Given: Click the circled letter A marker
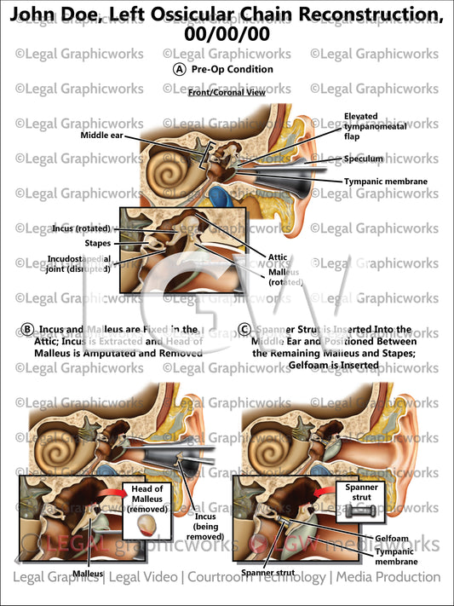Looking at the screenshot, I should pyautogui.click(x=179, y=70).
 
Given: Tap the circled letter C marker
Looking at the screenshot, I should pyautogui.click(x=245, y=329).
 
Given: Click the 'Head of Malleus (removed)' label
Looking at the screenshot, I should pyautogui.click(x=147, y=498).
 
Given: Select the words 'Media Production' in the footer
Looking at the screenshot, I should pyautogui.click(x=388, y=577).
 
